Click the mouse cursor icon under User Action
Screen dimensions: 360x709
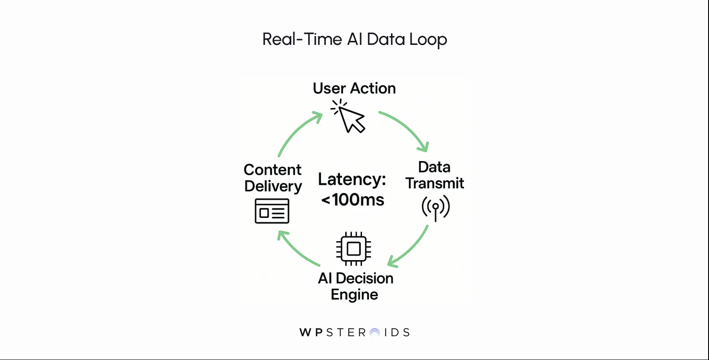[x=350, y=118]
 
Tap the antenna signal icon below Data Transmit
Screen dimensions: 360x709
[x=435, y=208]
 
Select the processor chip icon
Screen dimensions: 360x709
[x=354, y=249]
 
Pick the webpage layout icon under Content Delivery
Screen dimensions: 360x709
[x=272, y=211]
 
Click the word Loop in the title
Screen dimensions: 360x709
[x=428, y=39]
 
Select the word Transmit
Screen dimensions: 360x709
[x=435, y=183]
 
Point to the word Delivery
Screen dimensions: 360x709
[x=273, y=186]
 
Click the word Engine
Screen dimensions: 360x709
[x=354, y=294]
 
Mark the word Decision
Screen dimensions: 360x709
[x=365, y=278]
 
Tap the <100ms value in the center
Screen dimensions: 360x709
[x=353, y=200]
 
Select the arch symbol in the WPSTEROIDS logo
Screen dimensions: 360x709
[x=375, y=333]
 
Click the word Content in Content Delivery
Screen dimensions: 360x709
[x=273, y=170]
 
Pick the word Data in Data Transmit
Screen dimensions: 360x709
[x=434, y=167]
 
